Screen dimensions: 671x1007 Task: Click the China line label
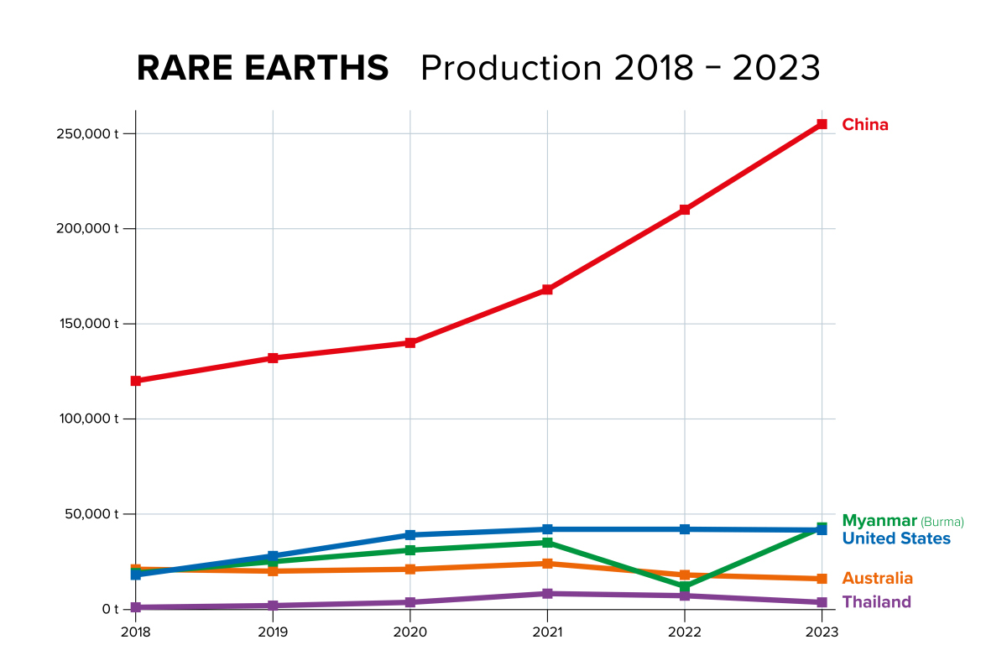pyautogui.click(x=864, y=125)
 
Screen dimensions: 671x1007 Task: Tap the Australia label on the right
pyautogui.click(x=877, y=579)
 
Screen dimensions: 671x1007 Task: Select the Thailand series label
pyautogui.click(x=876, y=602)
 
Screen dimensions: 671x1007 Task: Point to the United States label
pyautogui.click(x=895, y=538)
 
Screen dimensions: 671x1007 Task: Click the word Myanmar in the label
pyautogui.click(x=879, y=521)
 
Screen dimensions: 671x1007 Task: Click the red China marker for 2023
pyautogui.click(x=822, y=124)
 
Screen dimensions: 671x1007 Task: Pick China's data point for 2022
pyautogui.click(x=685, y=210)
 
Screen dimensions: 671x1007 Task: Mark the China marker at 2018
pyautogui.click(x=136, y=381)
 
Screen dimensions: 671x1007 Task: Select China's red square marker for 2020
pyautogui.click(x=410, y=343)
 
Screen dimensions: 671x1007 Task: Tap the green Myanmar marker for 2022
pyautogui.click(x=685, y=586)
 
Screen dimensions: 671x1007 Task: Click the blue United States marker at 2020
pyautogui.click(x=410, y=535)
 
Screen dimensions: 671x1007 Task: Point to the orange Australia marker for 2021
pyautogui.click(x=547, y=564)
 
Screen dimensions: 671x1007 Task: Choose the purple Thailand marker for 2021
pyautogui.click(x=547, y=594)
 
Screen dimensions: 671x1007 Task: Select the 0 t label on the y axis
pyautogui.click(x=110, y=609)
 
